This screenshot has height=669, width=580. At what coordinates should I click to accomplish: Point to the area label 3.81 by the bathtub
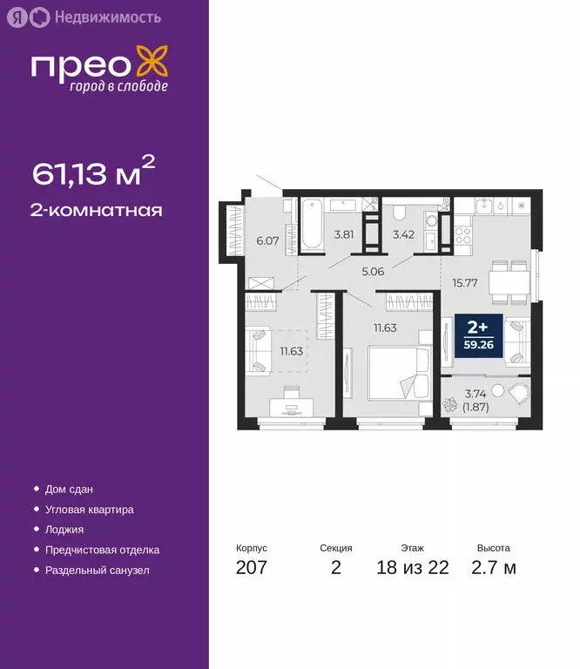[344, 233]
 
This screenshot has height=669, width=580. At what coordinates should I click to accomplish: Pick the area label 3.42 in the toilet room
[403, 233]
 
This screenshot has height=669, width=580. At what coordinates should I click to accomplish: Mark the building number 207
[251, 568]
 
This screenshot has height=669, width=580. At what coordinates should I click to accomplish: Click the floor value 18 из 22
[413, 568]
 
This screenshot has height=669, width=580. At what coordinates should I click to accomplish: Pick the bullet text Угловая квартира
[90, 510]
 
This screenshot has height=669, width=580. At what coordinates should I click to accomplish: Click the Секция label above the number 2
[336, 548]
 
